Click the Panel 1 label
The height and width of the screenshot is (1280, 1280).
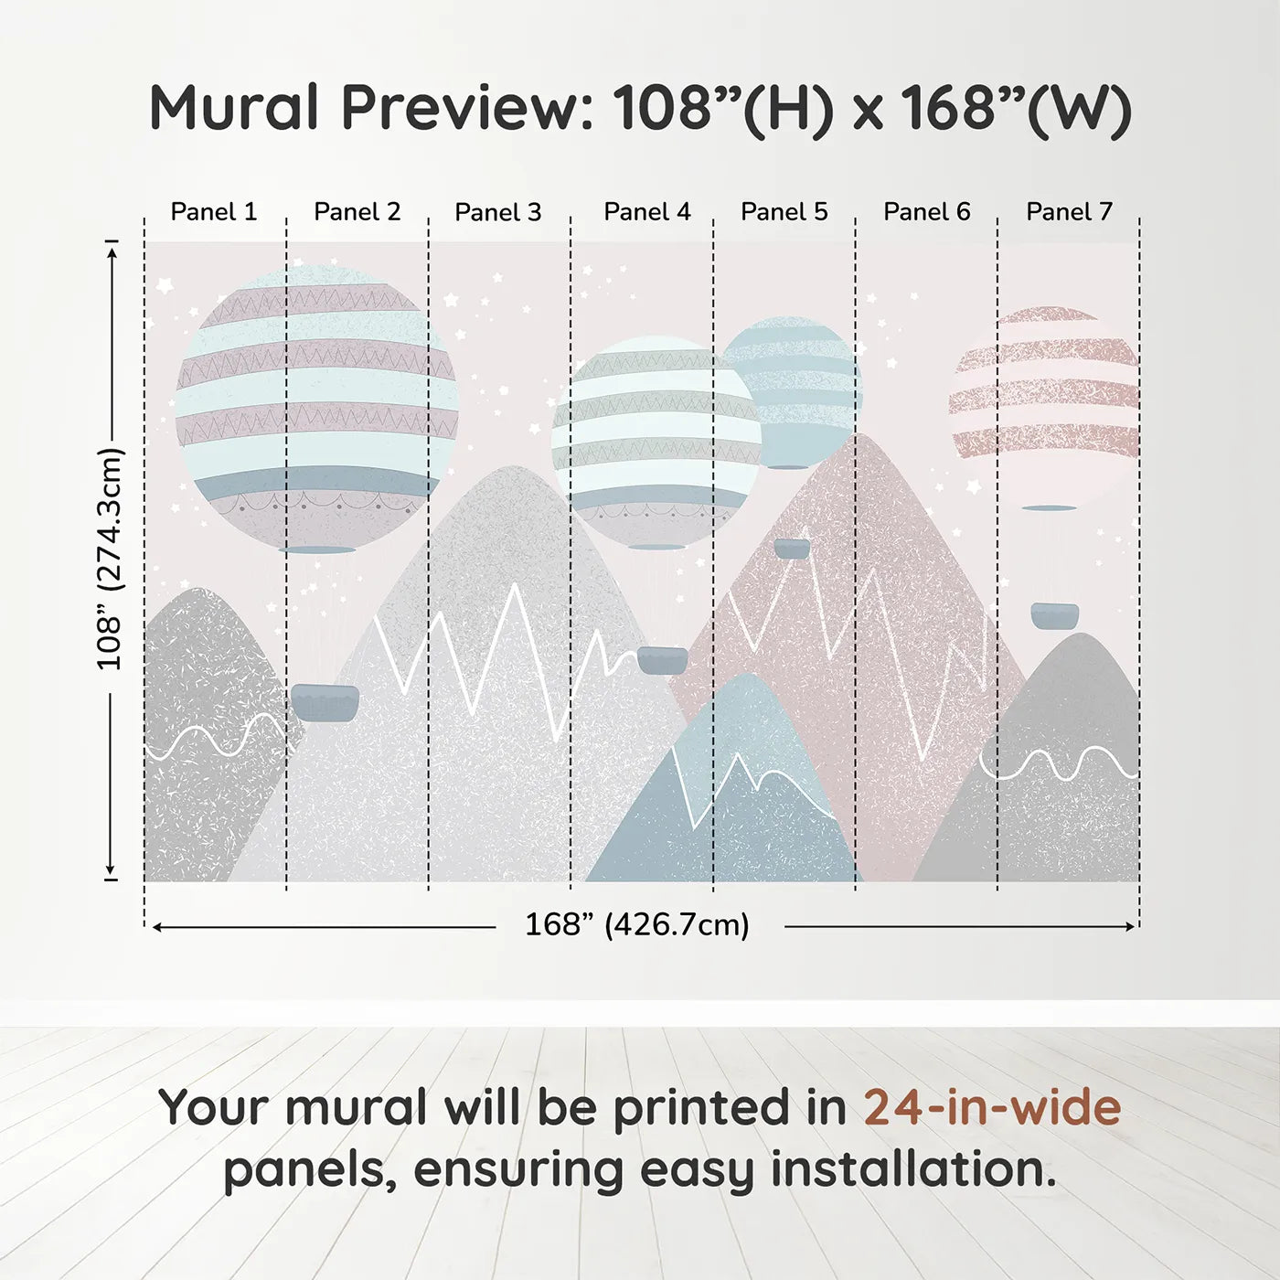(213, 212)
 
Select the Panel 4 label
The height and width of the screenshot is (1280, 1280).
(646, 212)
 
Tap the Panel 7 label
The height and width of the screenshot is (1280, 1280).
(1068, 212)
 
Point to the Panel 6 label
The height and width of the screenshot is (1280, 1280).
(926, 212)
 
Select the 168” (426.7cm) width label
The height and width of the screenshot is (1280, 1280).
(636, 924)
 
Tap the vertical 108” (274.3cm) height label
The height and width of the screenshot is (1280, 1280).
(110, 559)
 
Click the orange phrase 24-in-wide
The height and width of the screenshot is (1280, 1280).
(992, 1107)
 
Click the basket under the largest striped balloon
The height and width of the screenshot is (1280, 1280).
(325, 702)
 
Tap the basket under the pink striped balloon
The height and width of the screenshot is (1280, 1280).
(1054, 615)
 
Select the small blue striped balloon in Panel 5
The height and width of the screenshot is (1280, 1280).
(792, 391)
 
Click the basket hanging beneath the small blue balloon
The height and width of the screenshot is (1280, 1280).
(792, 549)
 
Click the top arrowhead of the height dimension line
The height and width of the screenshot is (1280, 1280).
(112, 250)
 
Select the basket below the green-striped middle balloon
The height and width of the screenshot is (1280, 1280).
(662, 660)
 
